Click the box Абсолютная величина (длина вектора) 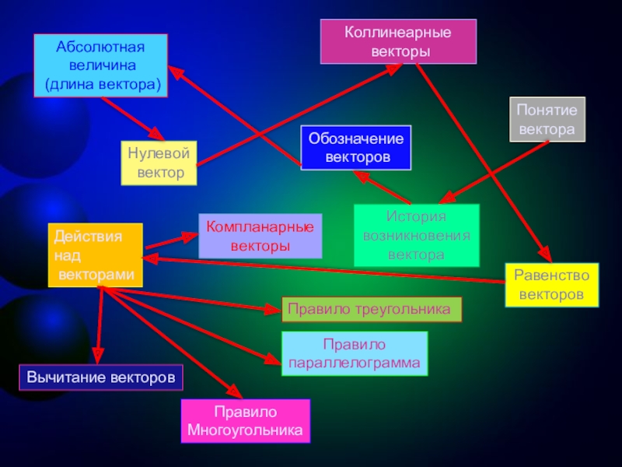click(101, 65)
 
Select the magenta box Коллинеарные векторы click(399, 42)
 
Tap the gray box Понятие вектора click(548, 120)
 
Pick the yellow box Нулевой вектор click(159, 163)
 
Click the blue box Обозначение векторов click(356, 148)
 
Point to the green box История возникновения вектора click(416, 236)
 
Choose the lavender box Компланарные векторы click(260, 236)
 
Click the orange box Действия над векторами click(95, 255)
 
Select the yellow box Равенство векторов click(553, 285)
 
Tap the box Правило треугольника click(371, 309)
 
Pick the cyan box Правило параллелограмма click(354, 353)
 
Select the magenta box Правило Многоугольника click(245, 421)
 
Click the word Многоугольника click(245, 430)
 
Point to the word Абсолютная click(100, 47)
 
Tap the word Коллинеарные click(399, 33)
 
